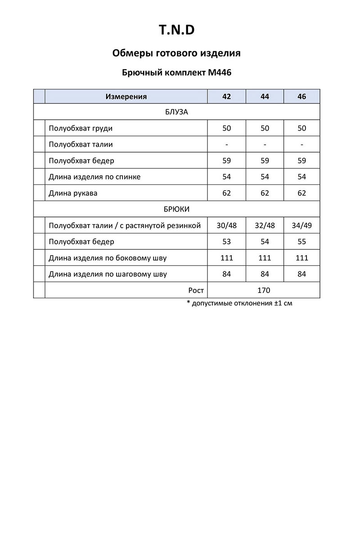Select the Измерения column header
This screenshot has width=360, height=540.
(x=126, y=96)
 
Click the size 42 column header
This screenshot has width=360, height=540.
(x=227, y=96)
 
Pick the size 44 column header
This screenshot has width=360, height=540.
(x=265, y=96)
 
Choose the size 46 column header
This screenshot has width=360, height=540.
(x=301, y=96)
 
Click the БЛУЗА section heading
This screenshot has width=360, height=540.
(x=176, y=112)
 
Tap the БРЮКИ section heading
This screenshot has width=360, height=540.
(x=176, y=209)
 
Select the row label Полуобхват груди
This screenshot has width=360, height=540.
(x=81, y=128)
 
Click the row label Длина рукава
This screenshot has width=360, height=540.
(x=73, y=193)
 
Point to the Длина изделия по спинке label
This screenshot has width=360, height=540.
(x=94, y=177)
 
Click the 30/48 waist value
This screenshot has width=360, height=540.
(x=227, y=225)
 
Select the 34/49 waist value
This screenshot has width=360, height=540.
(x=301, y=225)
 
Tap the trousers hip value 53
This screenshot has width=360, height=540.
(x=227, y=242)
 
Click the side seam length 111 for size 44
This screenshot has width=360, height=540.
(x=265, y=258)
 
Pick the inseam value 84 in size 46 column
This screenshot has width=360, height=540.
(x=301, y=274)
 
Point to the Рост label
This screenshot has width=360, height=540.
(x=196, y=290)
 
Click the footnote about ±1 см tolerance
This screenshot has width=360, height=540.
(x=239, y=303)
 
